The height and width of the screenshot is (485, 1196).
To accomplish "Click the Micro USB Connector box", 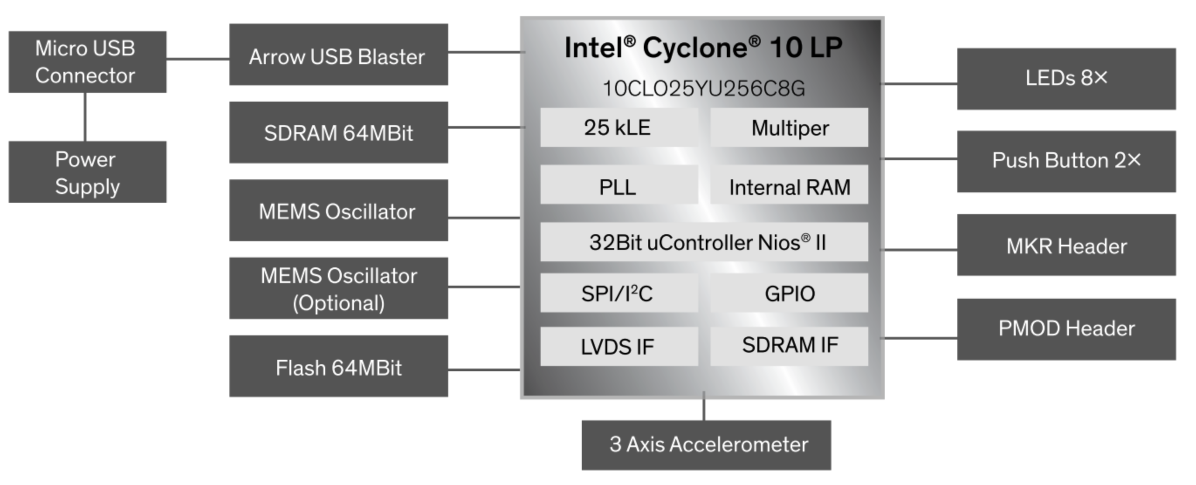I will [87, 62].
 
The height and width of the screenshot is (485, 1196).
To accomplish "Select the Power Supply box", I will [87, 172].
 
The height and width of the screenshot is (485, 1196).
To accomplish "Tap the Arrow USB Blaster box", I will [338, 55].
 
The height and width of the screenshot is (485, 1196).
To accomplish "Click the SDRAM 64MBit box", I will [338, 132].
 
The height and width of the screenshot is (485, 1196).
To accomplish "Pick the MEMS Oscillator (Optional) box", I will [338, 288].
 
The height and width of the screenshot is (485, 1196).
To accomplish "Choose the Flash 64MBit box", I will [338, 366].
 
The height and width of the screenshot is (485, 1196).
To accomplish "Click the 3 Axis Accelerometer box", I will [706, 445].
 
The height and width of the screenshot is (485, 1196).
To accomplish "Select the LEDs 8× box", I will [1066, 79].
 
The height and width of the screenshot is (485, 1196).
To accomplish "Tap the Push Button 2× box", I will [1066, 161].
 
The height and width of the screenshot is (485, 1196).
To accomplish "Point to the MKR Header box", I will [1066, 245].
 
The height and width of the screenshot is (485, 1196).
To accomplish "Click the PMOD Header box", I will [1066, 329].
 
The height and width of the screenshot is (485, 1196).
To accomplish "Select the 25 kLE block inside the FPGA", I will [619, 128].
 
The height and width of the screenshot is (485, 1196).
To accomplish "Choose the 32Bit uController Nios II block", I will [704, 242].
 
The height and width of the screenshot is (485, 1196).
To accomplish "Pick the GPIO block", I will [789, 293].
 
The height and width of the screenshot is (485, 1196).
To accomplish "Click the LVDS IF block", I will [619, 346].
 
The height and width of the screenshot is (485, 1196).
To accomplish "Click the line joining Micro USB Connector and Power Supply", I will [85, 117].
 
